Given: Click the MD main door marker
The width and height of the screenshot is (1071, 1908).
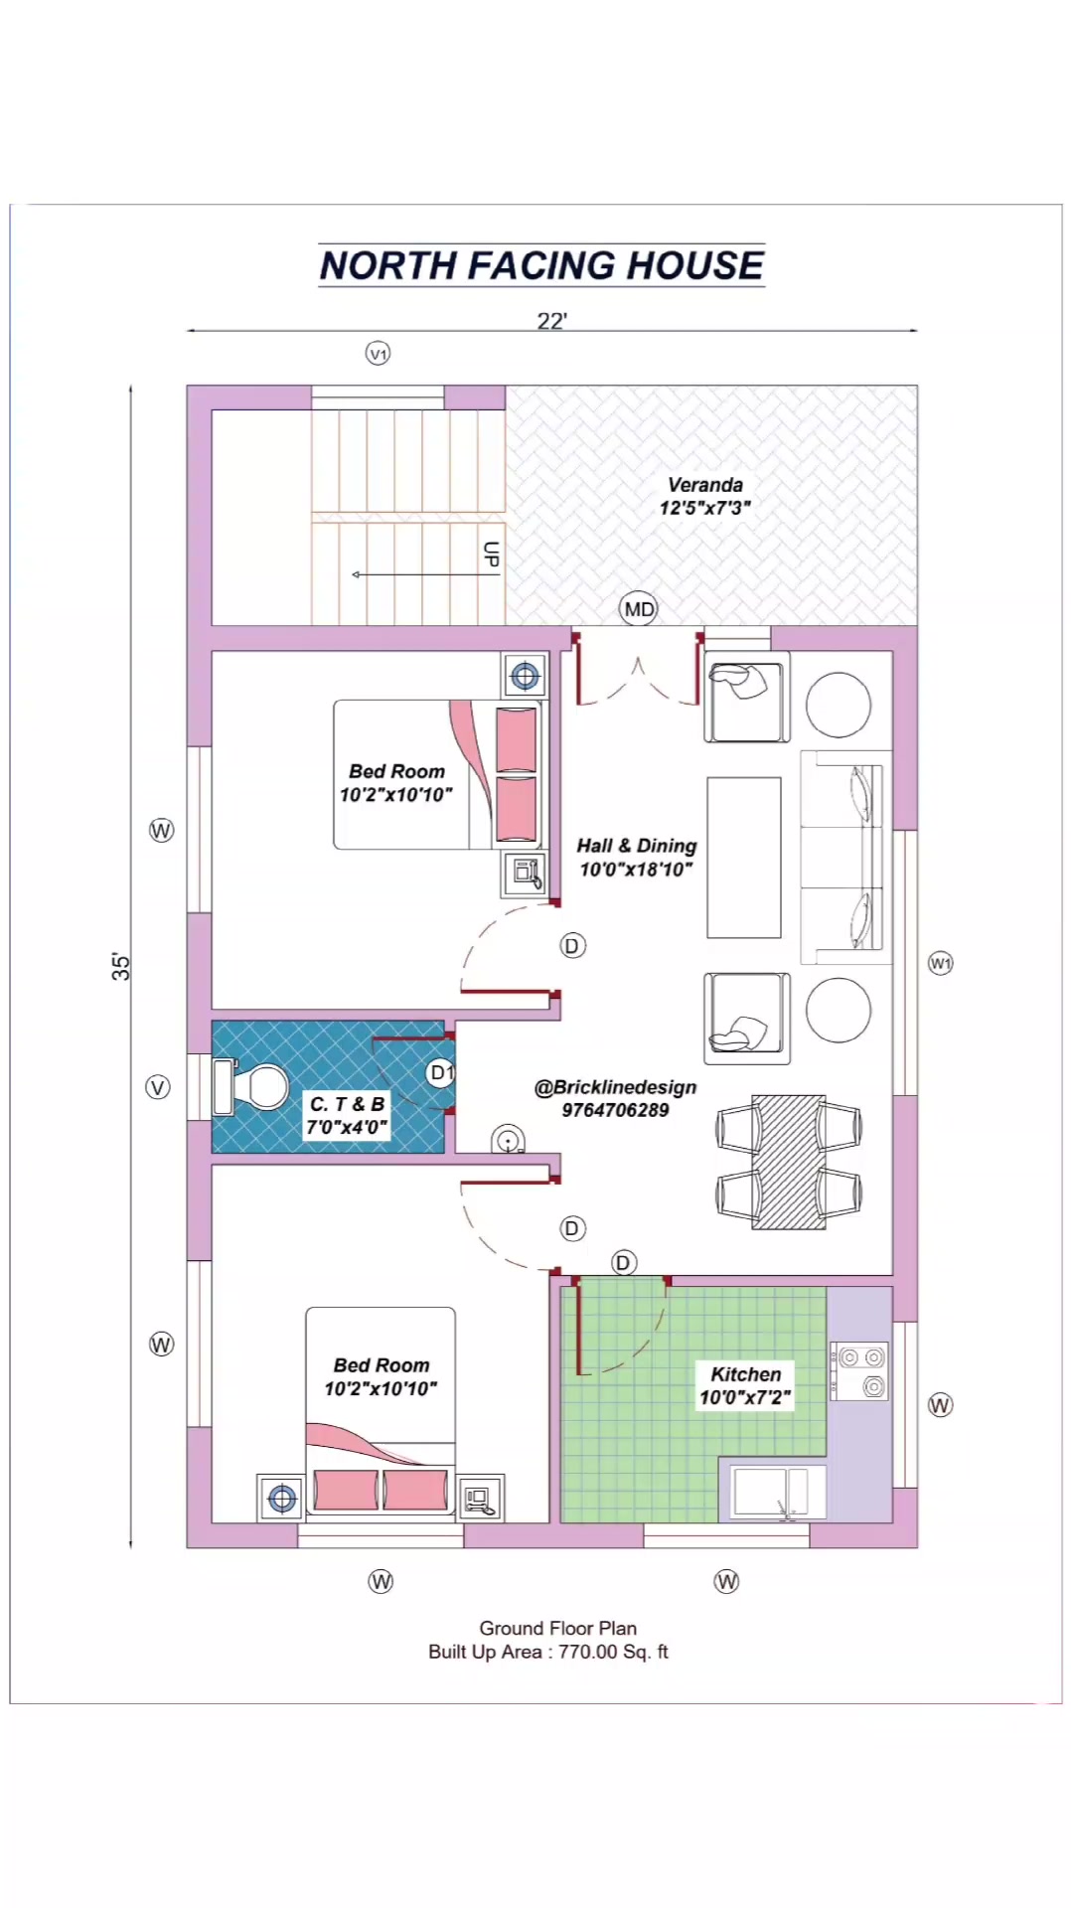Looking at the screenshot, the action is click(x=639, y=609).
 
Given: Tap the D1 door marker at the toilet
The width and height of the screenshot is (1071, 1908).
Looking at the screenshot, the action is click(x=441, y=1073).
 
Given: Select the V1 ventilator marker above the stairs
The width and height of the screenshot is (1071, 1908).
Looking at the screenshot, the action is click(x=379, y=354).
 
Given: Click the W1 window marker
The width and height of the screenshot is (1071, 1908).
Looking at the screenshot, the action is click(x=940, y=963).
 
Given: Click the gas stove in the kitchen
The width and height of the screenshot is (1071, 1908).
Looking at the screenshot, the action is click(x=859, y=1371).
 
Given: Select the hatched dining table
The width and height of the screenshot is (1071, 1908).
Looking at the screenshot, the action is click(x=789, y=1162).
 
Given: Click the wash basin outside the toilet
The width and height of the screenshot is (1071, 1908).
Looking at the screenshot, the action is click(x=509, y=1140).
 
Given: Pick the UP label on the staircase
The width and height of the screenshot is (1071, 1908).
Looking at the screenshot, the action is click(x=491, y=555).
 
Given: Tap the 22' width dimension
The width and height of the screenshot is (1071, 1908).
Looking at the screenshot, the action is click(x=552, y=321).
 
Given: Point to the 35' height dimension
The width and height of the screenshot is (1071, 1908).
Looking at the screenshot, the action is click(x=120, y=967).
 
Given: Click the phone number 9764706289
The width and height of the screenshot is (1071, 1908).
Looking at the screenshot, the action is click(x=615, y=1110).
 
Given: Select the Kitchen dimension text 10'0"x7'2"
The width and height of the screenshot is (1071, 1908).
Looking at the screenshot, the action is click(x=745, y=1397).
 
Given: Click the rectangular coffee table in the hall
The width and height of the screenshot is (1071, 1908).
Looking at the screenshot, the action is click(x=744, y=858).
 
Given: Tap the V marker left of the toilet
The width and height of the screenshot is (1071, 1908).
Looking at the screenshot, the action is click(x=158, y=1087).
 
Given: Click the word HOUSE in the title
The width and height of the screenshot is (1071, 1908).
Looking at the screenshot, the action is click(x=695, y=265).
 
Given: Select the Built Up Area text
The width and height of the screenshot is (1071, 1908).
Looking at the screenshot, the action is click(x=548, y=1652).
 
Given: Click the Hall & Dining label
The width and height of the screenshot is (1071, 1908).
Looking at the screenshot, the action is click(x=637, y=846).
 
